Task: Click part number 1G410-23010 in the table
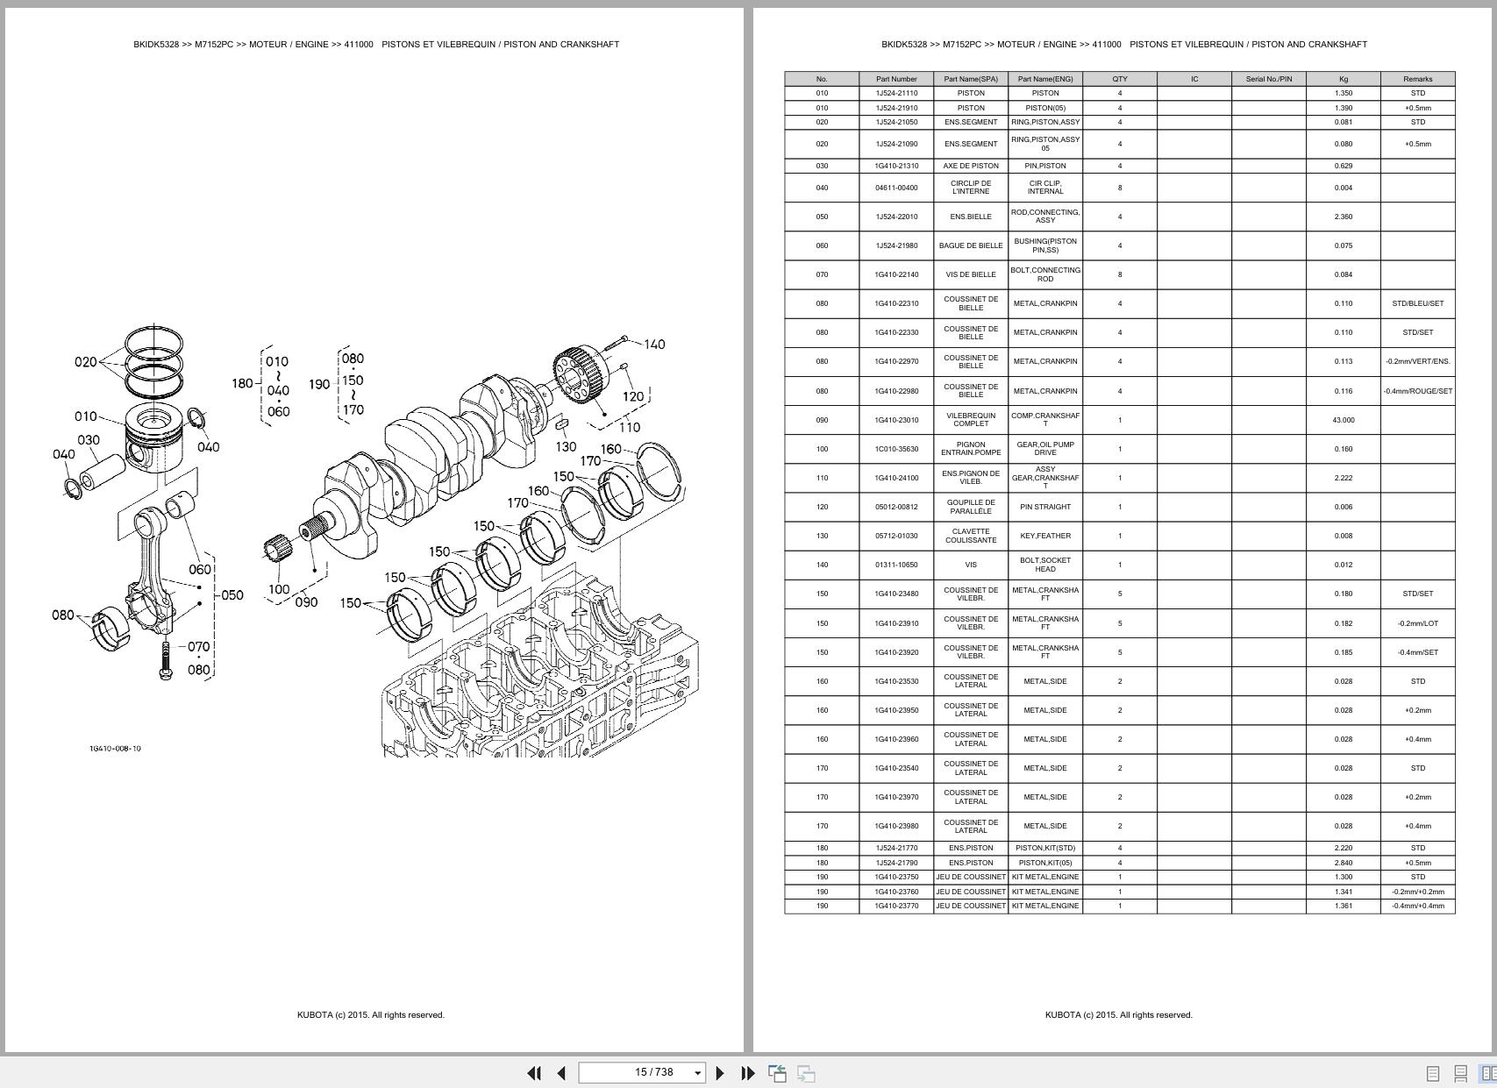tap(896, 420)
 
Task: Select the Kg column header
tap(1343, 79)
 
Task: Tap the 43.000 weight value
tap(1343, 420)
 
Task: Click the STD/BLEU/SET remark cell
tap(1417, 303)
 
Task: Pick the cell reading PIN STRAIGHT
tap(1044, 507)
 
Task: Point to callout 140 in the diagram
tap(654, 345)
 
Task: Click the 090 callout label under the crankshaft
tap(306, 602)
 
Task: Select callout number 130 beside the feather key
tap(566, 446)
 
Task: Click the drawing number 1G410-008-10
tap(115, 749)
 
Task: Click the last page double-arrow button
tap(748, 1073)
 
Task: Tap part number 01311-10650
tap(896, 565)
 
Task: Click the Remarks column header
tap(1417, 79)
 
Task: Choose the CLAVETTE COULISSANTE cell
tap(970, 536)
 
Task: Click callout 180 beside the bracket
tap(242, 383)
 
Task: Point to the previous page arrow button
tap(561, 1073)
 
